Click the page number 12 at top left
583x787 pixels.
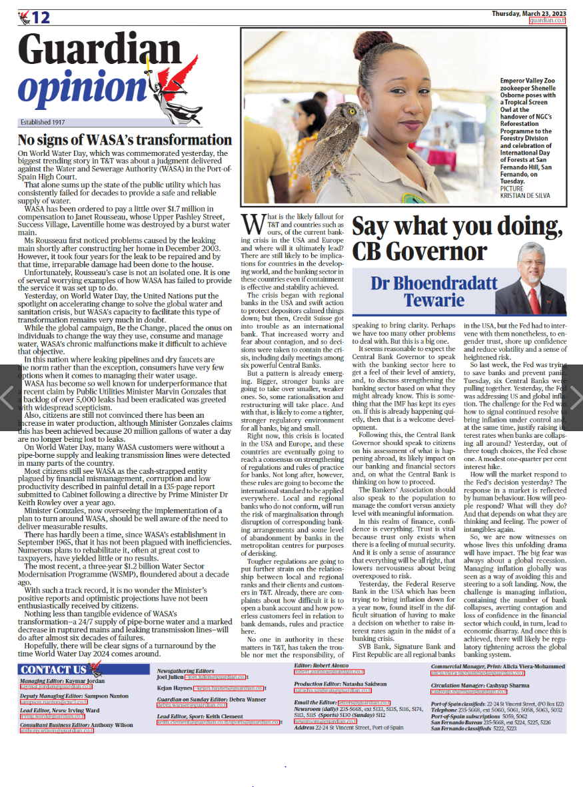tap(40, 17)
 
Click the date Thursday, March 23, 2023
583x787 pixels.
tap(528, 13)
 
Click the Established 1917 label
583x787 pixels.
tap(43, 123)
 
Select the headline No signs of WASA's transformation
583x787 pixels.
tap(125, 141)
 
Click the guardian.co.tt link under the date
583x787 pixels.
tap(547, 21)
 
